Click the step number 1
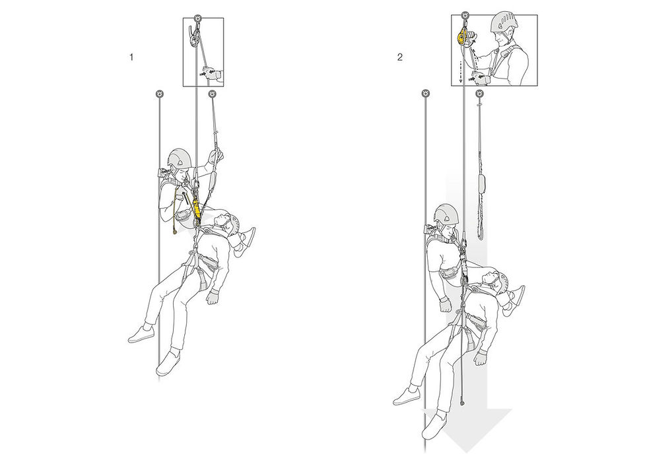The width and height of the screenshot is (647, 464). (x=131, y=57)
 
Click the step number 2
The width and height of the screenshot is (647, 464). (x=399, y=57)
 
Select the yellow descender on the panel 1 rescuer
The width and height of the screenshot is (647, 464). (x=197, y=209)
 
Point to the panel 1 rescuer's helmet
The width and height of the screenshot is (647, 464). (x=180, y=158)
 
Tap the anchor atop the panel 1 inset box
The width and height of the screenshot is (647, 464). (x=199, y=18)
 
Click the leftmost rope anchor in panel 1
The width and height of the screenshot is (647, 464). (x=159, y=94)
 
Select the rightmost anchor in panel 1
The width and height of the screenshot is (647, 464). (x=212, y=94)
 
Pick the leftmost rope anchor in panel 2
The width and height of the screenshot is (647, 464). (x=426, y=93)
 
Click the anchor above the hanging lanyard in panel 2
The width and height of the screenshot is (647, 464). (x=479, y=94)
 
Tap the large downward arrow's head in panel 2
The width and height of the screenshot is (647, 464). (x=466, y=429)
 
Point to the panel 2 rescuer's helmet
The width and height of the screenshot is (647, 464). (x=446, y=214)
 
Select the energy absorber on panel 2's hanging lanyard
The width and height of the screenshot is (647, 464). (x=481, y=184)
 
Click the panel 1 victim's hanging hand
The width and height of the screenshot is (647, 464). (x=213, y=296)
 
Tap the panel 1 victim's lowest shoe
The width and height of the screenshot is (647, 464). (x=168, y=363)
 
